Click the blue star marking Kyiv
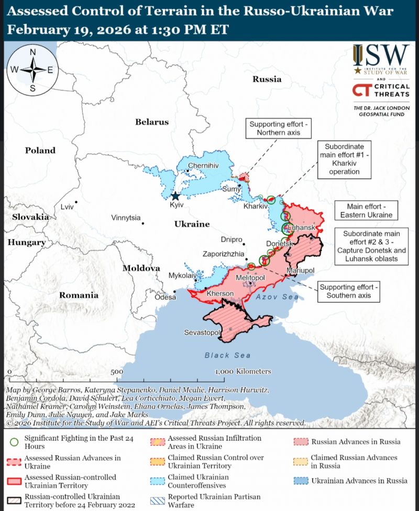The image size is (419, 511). click(x=175, y=196)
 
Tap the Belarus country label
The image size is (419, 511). click(x=152, y=122)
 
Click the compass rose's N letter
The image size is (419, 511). click(x=32, y=52)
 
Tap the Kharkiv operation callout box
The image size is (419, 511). click(x=344, y=159)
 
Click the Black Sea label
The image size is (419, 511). click(x=227, y=355)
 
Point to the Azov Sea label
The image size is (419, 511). click(x=277, y=297)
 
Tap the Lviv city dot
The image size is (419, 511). click(x=76, y=202)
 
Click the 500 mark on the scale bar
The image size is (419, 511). click(x=117, y=371)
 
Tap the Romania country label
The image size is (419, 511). click(x=79, y=295)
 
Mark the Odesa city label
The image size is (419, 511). click(x=165, y=297)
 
